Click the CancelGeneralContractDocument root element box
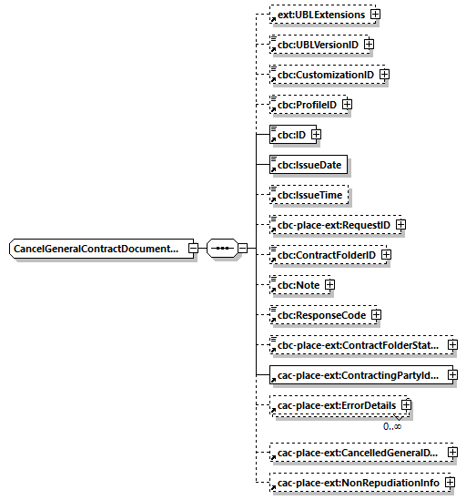coord(96,248)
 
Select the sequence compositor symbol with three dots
coord(221,248)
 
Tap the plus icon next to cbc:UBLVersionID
coord(369,45)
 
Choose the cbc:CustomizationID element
coord(326,75)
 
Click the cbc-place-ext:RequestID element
coord(334,224)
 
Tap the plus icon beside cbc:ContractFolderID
coord(386,255)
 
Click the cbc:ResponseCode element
coord(321,315)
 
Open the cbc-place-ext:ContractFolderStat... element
coord(358,345)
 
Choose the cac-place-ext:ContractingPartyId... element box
coord(358,375)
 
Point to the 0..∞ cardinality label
coord(392,425)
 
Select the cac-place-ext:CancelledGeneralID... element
coord(358,452)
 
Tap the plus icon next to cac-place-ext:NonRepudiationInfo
coord(450,483)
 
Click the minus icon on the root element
coord(193,248)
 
